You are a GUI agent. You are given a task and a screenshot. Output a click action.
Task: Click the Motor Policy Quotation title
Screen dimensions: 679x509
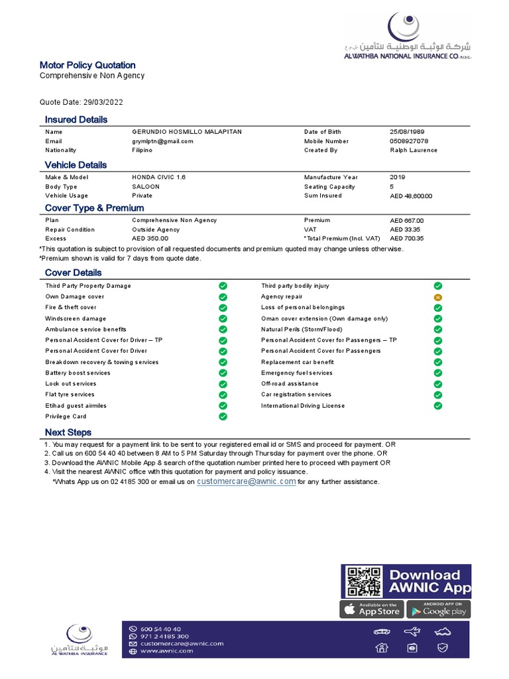(87, 65)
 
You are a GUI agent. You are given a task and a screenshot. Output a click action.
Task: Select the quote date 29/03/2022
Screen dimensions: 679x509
(103, 102)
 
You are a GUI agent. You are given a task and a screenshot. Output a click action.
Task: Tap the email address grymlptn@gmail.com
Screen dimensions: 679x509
(162, 141)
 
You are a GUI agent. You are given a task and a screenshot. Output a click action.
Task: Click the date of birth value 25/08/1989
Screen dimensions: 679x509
(408, 132)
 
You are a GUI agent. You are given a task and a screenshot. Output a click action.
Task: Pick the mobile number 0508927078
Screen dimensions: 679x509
(409, 141)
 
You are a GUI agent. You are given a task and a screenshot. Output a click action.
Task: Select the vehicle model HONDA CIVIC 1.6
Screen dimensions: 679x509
(159, 178)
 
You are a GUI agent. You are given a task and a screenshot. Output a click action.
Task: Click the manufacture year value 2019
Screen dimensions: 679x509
(398, 178)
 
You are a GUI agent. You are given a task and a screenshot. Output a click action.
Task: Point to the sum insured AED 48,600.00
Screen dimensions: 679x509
(411, 196)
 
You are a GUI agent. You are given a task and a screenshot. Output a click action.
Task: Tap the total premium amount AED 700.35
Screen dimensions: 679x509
(407, 239)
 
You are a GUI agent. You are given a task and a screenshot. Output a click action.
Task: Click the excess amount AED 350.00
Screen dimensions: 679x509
(150, 239)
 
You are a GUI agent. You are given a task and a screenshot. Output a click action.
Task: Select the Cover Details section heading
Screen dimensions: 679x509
(73, 273)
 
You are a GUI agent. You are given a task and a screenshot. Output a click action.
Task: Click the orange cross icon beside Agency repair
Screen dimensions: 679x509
(437, 297)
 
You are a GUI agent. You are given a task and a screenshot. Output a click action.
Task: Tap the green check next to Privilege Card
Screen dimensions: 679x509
(223, 416)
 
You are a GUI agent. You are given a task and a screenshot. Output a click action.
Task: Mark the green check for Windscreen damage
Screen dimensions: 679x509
(223, 318)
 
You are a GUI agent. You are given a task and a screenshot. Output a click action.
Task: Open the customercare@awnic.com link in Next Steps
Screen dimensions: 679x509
(246, 481)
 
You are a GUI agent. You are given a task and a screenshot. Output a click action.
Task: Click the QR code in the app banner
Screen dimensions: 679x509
(364, 582)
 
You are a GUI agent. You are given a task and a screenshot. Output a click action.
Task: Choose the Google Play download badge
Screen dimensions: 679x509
(438, 609)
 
